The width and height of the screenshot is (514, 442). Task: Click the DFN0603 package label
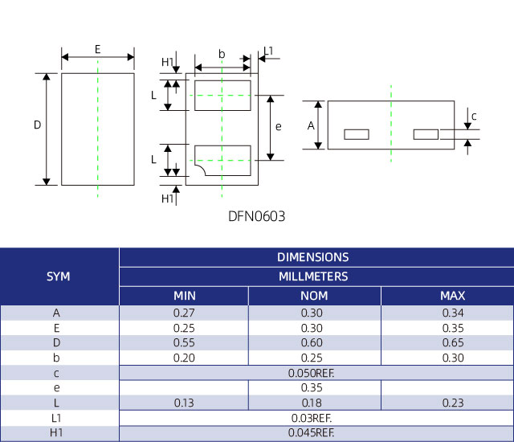(x=257, y=216)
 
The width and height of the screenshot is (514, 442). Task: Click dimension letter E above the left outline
(x=97, y=49)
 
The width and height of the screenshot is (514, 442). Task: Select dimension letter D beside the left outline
(x=37, y=125)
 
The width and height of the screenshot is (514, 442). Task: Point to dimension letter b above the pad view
(x=222, y=54)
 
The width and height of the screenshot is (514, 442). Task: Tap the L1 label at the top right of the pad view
(x=268, y=51)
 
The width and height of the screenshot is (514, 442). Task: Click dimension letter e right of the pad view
(x=278, y=126)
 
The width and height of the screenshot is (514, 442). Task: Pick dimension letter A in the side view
(x=311, y=125)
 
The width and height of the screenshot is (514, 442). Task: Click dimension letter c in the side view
(x=474, y=117)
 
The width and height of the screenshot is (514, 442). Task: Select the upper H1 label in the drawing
(x=167, y=62)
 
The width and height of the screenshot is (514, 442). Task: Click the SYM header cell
(x=59, y=276)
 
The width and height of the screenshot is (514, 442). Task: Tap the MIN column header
(x=185, y=296)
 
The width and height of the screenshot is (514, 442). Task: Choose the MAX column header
(x=453, y=296)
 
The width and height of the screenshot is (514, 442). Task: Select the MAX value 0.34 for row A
(x=453, y=312)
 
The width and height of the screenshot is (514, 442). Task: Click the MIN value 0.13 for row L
(x=185, y=403)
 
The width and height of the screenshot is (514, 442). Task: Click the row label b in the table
(x=56, y=358)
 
